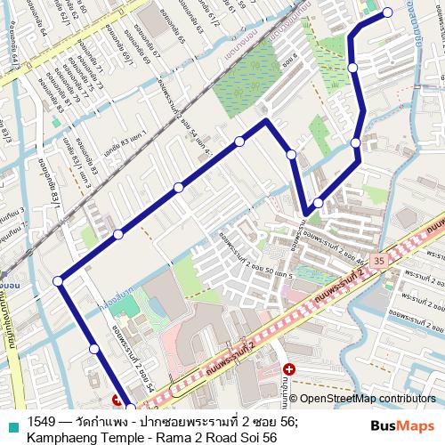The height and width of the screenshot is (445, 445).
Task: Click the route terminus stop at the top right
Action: tap(387, 12)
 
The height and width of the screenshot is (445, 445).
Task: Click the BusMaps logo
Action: tap(402, 425)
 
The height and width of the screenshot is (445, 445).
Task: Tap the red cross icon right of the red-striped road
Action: tap(288, 368)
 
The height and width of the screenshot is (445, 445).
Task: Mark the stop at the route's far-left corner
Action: tap(58, 281)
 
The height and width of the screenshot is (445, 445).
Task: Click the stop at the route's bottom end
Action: tap(130, 409)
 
